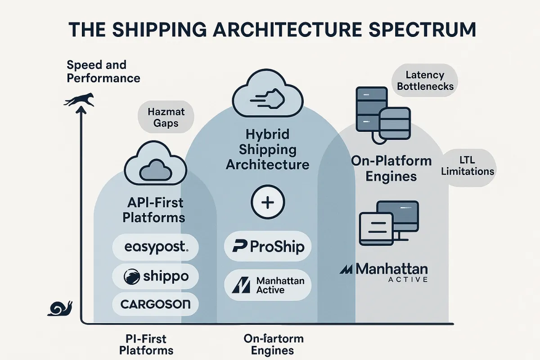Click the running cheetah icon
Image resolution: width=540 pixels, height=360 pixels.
(79, 100)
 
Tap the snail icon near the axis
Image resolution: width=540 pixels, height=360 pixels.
(60, 308)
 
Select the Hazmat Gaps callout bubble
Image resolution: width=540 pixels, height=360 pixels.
(166, 117)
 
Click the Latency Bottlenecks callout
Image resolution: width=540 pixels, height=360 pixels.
(424, 81)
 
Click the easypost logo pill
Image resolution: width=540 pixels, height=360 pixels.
(155, 247)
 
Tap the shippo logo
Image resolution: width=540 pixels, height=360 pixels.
(155, 276)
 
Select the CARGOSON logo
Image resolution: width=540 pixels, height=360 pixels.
(155, 305)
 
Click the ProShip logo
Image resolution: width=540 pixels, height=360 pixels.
(267, 246)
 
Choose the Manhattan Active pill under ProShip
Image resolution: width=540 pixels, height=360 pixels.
(267, 285)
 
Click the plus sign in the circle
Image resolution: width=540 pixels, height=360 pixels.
(267, 203)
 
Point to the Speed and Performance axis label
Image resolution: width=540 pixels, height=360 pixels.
(103, 71)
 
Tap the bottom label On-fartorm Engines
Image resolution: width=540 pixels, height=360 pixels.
(273, 344)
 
